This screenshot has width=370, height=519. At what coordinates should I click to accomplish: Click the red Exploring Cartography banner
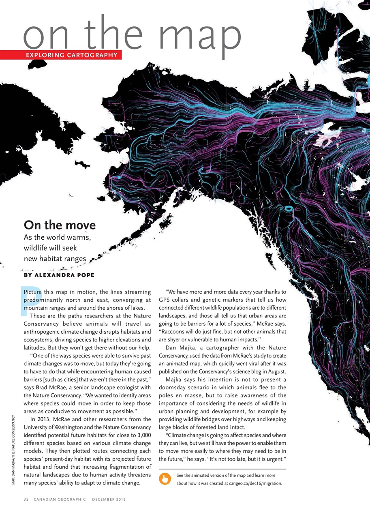click(61, 55)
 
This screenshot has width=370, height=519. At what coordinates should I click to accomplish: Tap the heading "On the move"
click(60, 225)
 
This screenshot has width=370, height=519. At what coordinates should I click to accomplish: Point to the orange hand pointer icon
click(165, 480)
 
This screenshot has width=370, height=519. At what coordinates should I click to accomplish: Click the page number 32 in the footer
click(26, 500)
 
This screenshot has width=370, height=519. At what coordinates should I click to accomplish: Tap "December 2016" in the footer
click(109, 500)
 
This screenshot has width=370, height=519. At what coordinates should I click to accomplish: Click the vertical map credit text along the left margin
click(14, 450)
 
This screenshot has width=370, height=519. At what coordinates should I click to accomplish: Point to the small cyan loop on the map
click(289, 209)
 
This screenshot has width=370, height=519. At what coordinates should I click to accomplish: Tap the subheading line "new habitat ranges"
click(55, 258)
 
